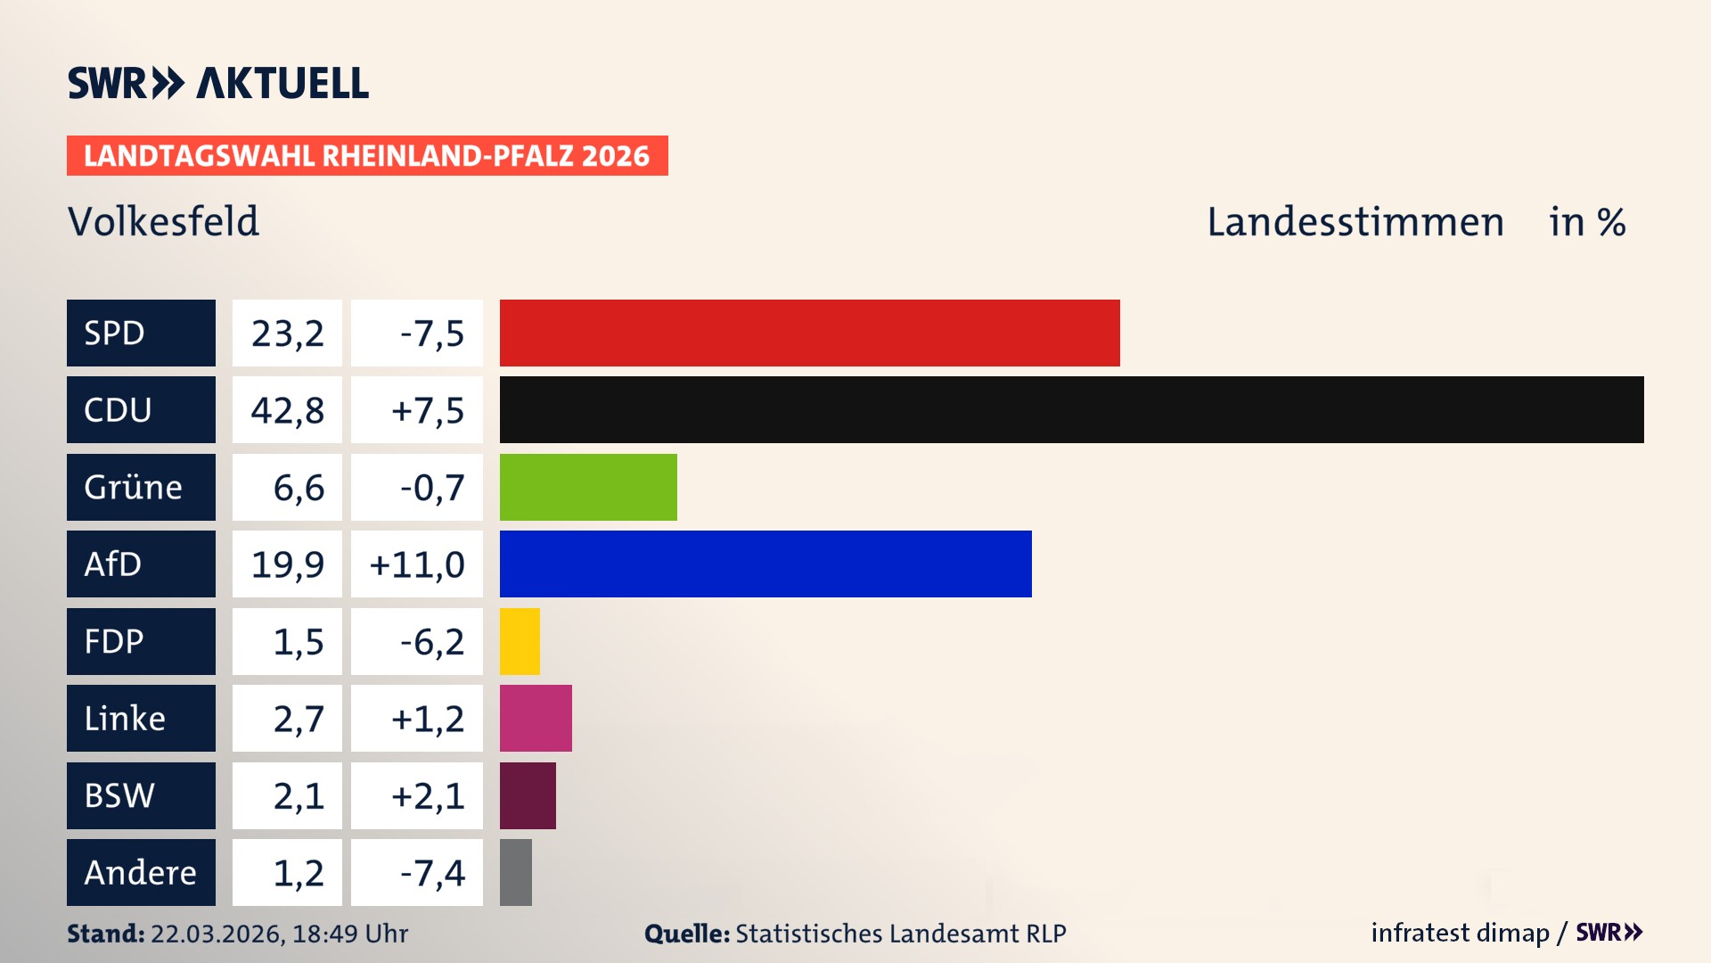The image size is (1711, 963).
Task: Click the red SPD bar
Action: coord(809,333)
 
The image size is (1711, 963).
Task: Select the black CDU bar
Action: coord(1071,410)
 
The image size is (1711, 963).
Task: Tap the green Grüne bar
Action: coord(588,487)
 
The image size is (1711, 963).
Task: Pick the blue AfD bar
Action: coord(765,564)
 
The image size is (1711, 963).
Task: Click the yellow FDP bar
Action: coord(520,641)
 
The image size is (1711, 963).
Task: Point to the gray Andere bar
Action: coord(516,872)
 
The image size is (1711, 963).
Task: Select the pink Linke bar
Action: coord(536,718)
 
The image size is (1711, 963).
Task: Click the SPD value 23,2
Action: coord(287,333)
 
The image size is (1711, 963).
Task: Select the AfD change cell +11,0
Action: coord(417,564)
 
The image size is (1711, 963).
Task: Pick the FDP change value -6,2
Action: coord(431,642)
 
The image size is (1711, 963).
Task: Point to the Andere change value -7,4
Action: coord(431,873)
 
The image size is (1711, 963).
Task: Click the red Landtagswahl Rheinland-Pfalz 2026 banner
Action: coord(367,156)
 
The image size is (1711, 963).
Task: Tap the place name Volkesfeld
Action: coord(164,221)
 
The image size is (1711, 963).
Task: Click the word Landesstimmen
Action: coord(1355,222)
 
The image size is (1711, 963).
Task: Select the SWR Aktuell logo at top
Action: coord(218,83)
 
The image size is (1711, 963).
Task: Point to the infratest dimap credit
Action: coord(1460,933)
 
